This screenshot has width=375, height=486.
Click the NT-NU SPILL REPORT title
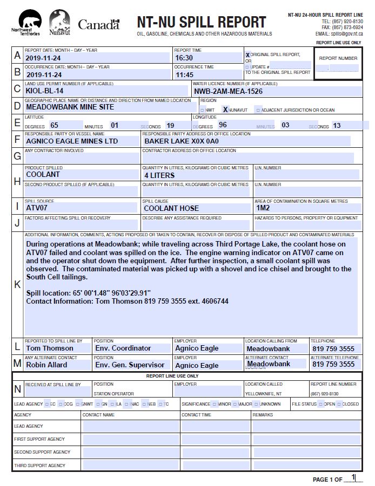(x=201, y=22)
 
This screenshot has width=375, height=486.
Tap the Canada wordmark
(x=98, y=24)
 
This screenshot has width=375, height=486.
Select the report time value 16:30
(x=184, y=58)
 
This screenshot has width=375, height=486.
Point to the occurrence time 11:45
(x=184, y=75)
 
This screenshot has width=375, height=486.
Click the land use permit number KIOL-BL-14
(x=45, y=91)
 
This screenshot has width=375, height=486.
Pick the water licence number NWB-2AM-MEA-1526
(x=228, y=92)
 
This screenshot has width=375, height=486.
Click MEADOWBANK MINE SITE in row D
(x=70, y=107)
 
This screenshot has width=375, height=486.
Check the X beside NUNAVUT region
(x=225, y=110)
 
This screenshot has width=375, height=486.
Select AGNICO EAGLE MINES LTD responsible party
(x=72, y=141)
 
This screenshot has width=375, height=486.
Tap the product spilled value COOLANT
(x=43, y=175)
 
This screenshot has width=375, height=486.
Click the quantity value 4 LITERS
(x=159, y=175)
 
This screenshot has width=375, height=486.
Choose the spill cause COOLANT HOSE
(x=171, y=208)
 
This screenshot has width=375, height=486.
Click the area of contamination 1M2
(x=263, y=208)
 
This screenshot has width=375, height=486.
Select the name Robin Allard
(x=47, y=365)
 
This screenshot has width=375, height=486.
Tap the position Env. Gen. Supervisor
(x=130, y=365)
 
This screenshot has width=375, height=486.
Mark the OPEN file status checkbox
(x=321, y=404)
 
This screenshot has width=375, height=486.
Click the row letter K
(x=17, y=284)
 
